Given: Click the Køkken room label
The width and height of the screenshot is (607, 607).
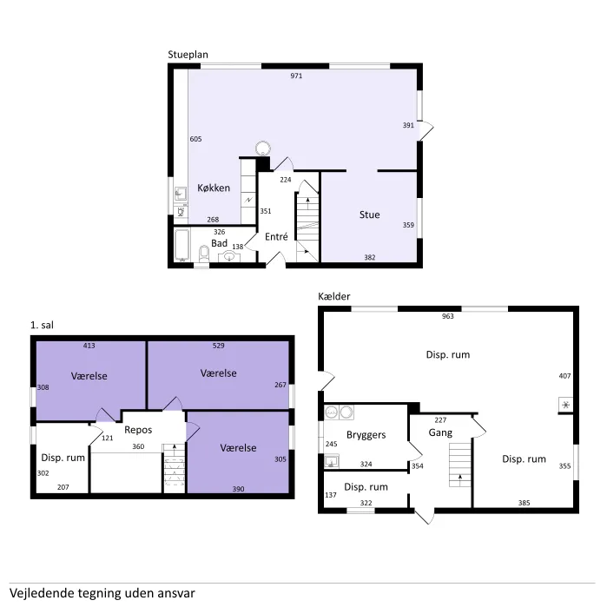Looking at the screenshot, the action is pos(214,188).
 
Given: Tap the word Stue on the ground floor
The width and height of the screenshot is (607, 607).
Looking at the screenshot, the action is pos(369,214).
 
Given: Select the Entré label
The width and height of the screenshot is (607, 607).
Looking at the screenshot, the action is pos(276,236).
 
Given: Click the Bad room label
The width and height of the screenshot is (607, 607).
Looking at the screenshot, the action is pos(219,243).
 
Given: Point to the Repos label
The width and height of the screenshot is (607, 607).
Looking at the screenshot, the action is pos(138,430).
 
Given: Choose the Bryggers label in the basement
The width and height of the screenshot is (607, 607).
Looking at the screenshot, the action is pos(366,435).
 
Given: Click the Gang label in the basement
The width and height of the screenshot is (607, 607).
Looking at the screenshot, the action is pos(440,432).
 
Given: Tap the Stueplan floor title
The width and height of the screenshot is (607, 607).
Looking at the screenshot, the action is pos(188,55).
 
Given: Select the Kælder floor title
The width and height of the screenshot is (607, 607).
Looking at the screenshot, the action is pos(334,296).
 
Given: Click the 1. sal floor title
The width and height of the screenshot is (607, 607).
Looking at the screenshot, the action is pos(42,325).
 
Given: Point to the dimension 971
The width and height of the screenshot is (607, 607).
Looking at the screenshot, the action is pos(296,76).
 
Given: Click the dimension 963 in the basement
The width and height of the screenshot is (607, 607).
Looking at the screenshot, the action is pos(447,316).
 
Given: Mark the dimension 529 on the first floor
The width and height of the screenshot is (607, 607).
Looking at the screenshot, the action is pos(218,346).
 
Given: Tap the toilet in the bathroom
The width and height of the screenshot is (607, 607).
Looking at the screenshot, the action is pos(204,254).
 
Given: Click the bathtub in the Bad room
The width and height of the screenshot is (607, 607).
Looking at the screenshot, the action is pos(182,245).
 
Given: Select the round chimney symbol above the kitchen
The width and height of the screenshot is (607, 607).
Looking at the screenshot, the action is pos(263,148).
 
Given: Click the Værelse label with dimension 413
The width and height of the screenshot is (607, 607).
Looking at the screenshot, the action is pos(89,376).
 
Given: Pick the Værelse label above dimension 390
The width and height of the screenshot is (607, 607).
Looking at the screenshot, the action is pos(238,448).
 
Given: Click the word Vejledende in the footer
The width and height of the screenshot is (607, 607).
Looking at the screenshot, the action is pos(42,593).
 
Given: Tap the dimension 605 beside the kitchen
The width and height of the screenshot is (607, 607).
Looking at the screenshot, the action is pos(195,139).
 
